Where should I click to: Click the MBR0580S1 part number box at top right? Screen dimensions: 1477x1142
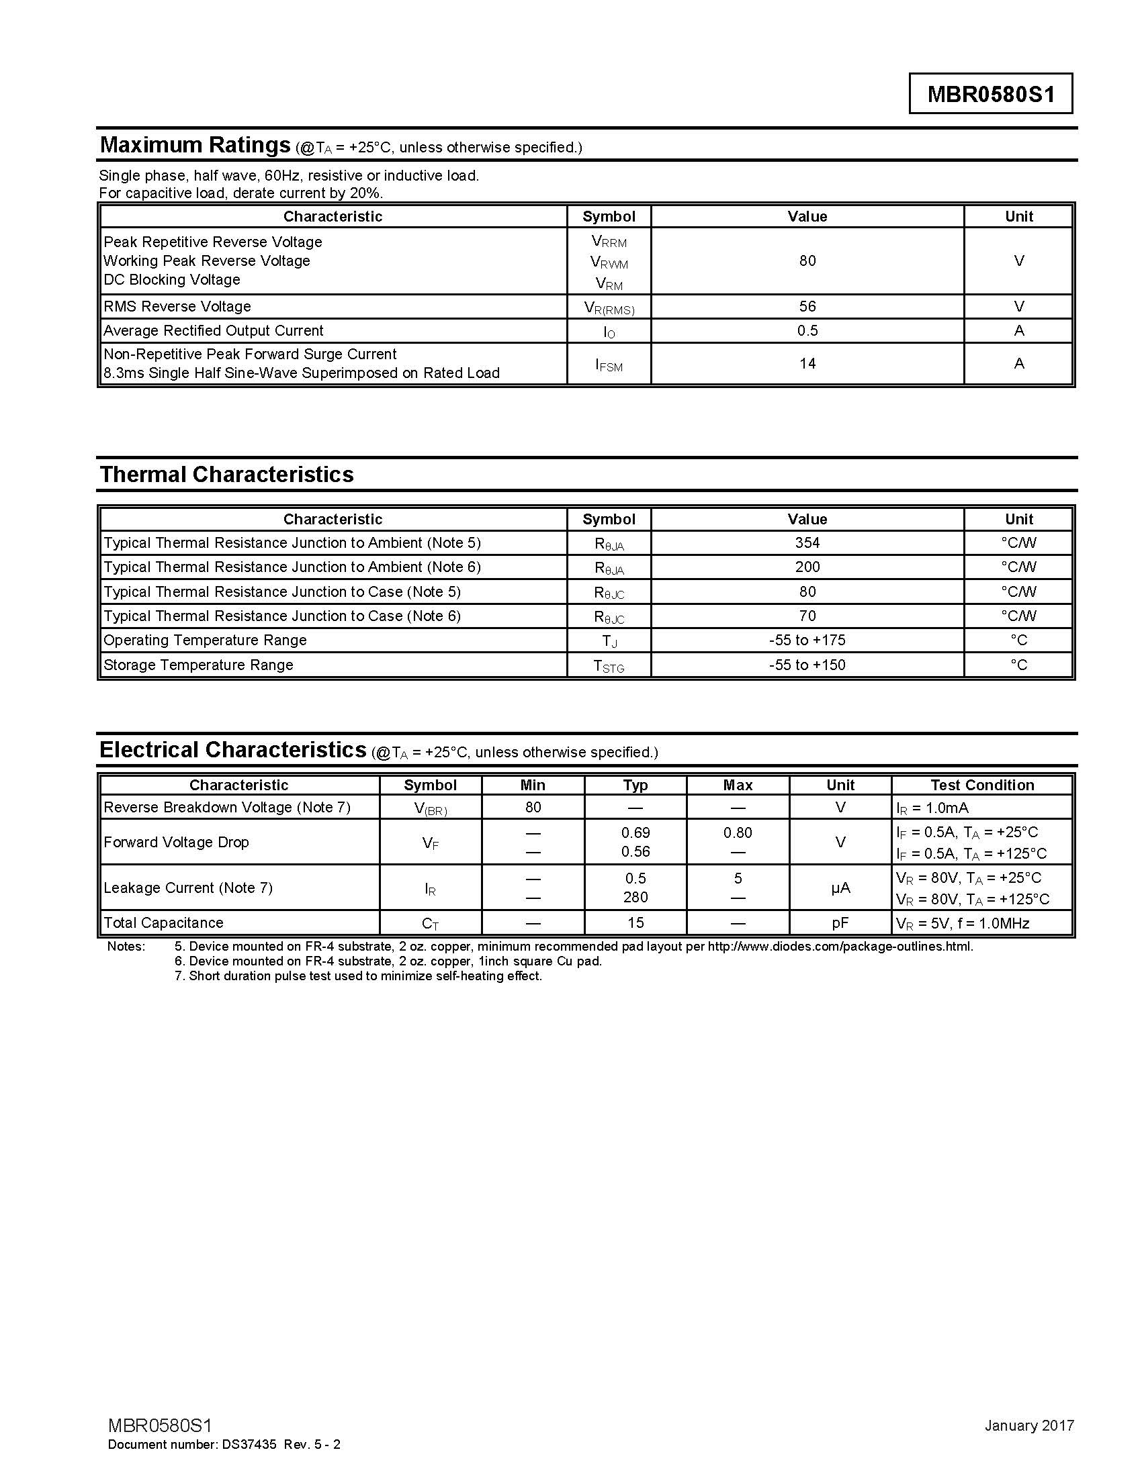pyautogui.click(x=990, y=93)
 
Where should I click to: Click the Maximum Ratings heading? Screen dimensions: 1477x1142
pyautogui.click(x=195, y=145)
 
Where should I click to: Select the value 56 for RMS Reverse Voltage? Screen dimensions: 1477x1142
pyautogui.click(x=807, y=306)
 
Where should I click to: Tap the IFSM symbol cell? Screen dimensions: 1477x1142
pyautogui.click(x=609, y=365)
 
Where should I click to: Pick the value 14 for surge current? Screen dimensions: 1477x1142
pyautogui.click(x=807, y=364)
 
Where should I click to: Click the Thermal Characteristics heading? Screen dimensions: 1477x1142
pyautogui.click(x=226, y=474)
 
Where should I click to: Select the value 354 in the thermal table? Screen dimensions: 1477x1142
pyautogui.click(x=807, y=542)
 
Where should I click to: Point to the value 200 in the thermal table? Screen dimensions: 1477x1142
pyautogui.click(x=807, y=567)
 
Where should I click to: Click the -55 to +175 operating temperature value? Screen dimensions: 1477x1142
pyautogui.click(x=807, y=640)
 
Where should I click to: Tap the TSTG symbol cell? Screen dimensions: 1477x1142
pyautogui.click(x=609, y=666)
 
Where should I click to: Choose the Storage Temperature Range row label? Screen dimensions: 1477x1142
pyautogui.click(x=198, y=665)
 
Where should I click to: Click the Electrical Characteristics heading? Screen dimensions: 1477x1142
pyautogui.click(x=232, y=750)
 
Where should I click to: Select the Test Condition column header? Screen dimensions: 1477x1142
pyautogui.click(x=981, y=785)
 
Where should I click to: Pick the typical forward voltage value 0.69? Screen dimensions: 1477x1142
pyautogui.click(x=635, y=832)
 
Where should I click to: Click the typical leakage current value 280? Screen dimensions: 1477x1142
pyautogui.click(x=635, y=897)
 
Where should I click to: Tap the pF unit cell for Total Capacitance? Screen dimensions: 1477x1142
pyautogui.click(x=840, y=922)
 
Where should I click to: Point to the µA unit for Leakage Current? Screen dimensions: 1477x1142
pyautogui.click(x=840, y=888)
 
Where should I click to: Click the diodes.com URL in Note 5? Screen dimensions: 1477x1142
pyautogui.click(x=840, y=946)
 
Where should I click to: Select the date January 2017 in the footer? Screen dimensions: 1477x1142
pyautogui.click(x=1029, y=1425)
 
